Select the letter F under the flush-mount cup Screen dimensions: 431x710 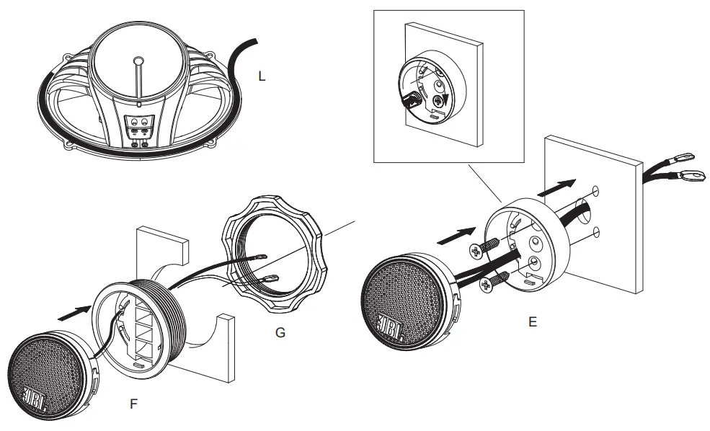[133, 405]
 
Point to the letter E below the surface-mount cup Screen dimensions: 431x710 [532, 322]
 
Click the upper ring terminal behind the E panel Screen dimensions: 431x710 [683, 155]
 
